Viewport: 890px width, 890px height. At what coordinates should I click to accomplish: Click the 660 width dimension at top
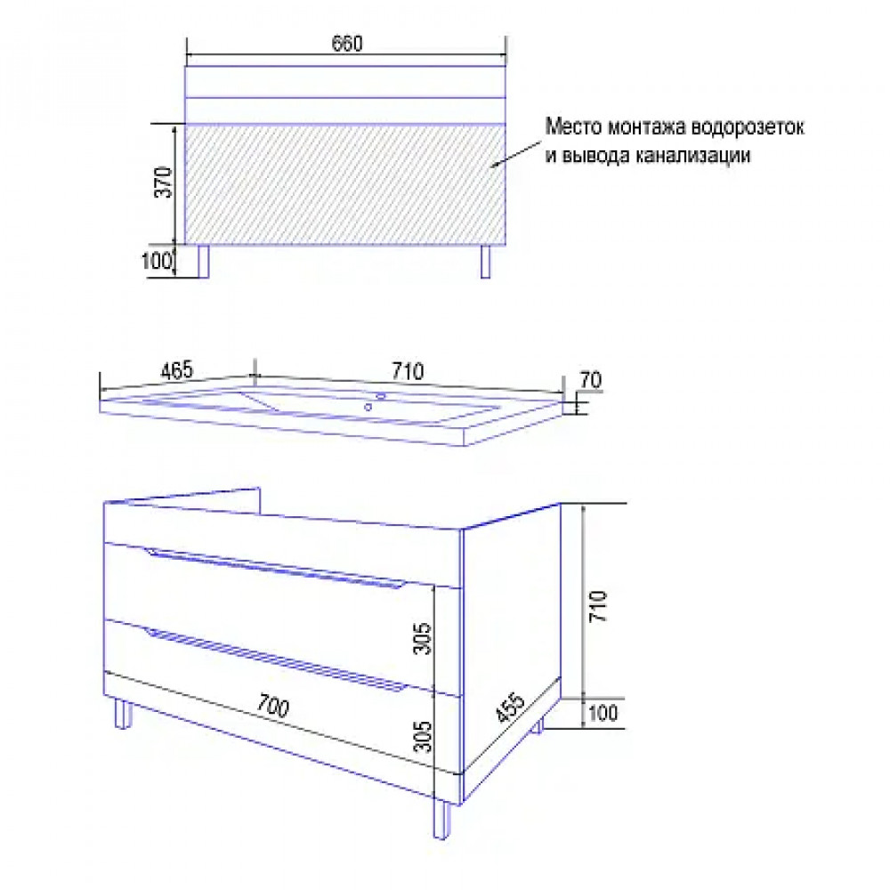(347, 43)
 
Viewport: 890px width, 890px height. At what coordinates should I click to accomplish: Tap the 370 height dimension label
(164, 182)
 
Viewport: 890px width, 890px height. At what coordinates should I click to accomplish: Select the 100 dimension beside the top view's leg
(156, 261)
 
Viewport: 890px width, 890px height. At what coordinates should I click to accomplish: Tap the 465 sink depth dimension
(177, 370)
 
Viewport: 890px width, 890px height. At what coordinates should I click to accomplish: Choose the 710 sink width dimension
(408, 371)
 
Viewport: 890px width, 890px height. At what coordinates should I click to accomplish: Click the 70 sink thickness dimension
(591, 380)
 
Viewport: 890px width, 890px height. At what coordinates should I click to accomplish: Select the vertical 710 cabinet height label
(598, 606)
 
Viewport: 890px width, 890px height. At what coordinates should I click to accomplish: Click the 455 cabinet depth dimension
(510, 708)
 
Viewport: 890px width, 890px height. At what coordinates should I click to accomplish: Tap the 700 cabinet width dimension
(273, 706)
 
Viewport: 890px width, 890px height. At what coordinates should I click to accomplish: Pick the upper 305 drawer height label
(423, 638)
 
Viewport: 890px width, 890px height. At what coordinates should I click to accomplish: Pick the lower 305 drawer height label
(423, 737)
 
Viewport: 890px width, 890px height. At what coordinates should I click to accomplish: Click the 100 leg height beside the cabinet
(603, 713)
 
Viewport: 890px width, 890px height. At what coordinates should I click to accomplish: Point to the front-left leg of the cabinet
(123, 714)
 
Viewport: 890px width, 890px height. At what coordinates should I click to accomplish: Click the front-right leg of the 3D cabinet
(441, 819)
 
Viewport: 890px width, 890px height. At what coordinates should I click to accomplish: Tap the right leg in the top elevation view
(485, 262)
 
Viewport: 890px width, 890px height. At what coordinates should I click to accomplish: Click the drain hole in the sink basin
(368, 407)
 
